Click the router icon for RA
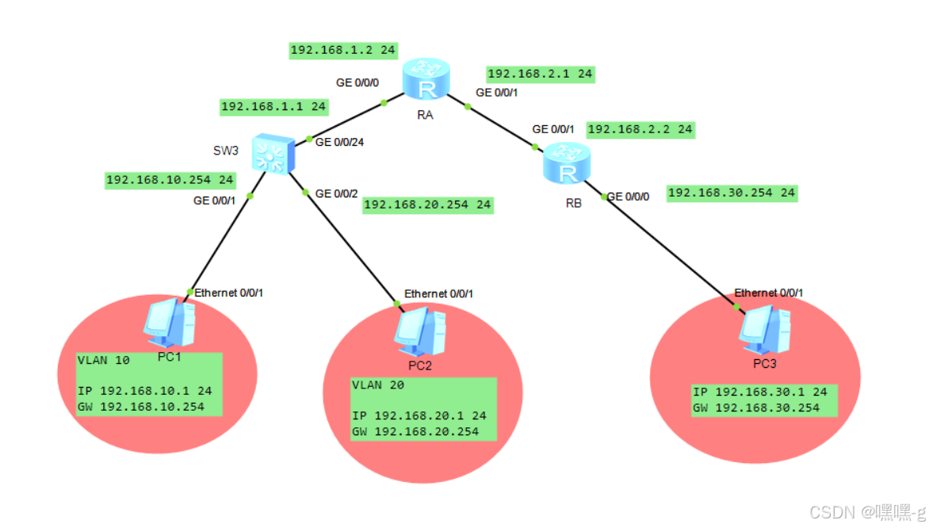(426, 79)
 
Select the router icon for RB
(568, 165)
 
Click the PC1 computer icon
(168, 323)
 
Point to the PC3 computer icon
(765, 329)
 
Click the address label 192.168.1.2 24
(343, 50)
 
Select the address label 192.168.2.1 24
(540, 74)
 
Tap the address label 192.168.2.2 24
(640, 128)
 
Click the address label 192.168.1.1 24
(273, 105)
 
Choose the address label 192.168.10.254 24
(170, 180)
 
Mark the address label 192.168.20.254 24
(427, 205)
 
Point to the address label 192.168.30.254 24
(732, 192)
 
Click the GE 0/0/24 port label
(345, 143)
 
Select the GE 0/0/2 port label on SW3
(337, 193)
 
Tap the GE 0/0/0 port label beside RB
(629, 197)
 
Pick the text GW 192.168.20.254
(415, 431)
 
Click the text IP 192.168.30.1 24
(759, 392)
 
